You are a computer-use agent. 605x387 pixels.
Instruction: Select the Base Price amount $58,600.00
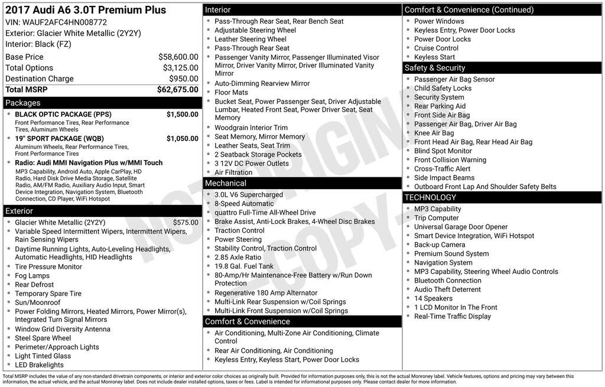pos(178,57)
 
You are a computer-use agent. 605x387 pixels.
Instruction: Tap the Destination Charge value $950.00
pos(184,79)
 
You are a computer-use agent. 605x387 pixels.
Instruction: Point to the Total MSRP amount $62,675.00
pos(177,90)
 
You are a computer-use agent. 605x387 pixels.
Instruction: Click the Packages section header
pos(23,103)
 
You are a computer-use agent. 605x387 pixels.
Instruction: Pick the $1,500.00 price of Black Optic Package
pos(182,115)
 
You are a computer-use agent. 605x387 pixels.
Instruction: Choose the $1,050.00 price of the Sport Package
pos(182,139)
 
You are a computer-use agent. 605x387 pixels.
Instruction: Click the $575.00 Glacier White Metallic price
pos(186,223)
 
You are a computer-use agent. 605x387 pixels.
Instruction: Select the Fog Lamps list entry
pos(32,276)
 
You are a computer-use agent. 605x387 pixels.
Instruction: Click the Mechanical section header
pos(226,183)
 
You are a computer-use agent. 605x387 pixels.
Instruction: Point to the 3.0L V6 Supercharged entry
pos(249,195)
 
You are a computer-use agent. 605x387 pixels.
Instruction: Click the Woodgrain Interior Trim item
pos(251,128)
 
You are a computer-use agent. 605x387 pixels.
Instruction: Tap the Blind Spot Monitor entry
pos(443,151)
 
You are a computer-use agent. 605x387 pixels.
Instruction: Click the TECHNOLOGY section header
pos(430,197)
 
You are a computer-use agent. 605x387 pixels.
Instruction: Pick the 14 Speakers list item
pos(434,298)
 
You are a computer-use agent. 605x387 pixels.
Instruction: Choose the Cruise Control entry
pos(436,48)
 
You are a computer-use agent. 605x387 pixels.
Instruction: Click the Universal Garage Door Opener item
pos(461,227)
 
